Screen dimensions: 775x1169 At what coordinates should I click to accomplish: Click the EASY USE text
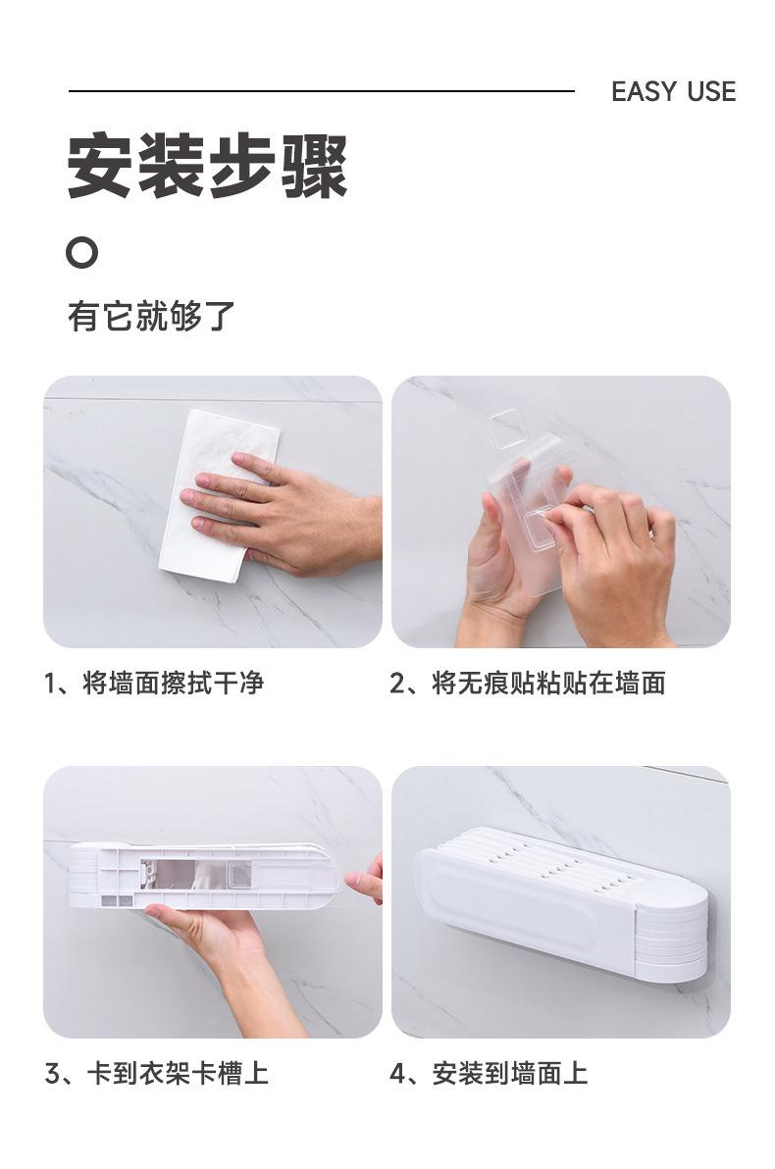673,92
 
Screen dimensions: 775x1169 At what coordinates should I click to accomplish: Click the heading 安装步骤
207,166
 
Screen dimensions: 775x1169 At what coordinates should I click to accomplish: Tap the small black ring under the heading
81,252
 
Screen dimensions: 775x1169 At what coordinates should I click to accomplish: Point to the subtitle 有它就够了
151,316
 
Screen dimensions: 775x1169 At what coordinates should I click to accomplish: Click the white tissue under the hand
217,495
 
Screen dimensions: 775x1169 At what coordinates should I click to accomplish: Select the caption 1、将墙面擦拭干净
154,683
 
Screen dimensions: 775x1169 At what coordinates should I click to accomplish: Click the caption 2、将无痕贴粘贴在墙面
528,683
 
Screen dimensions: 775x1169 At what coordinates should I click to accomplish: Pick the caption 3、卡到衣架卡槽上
157,1074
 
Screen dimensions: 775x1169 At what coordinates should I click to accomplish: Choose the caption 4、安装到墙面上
489,1074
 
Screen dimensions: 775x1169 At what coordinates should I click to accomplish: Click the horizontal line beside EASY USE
322,91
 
